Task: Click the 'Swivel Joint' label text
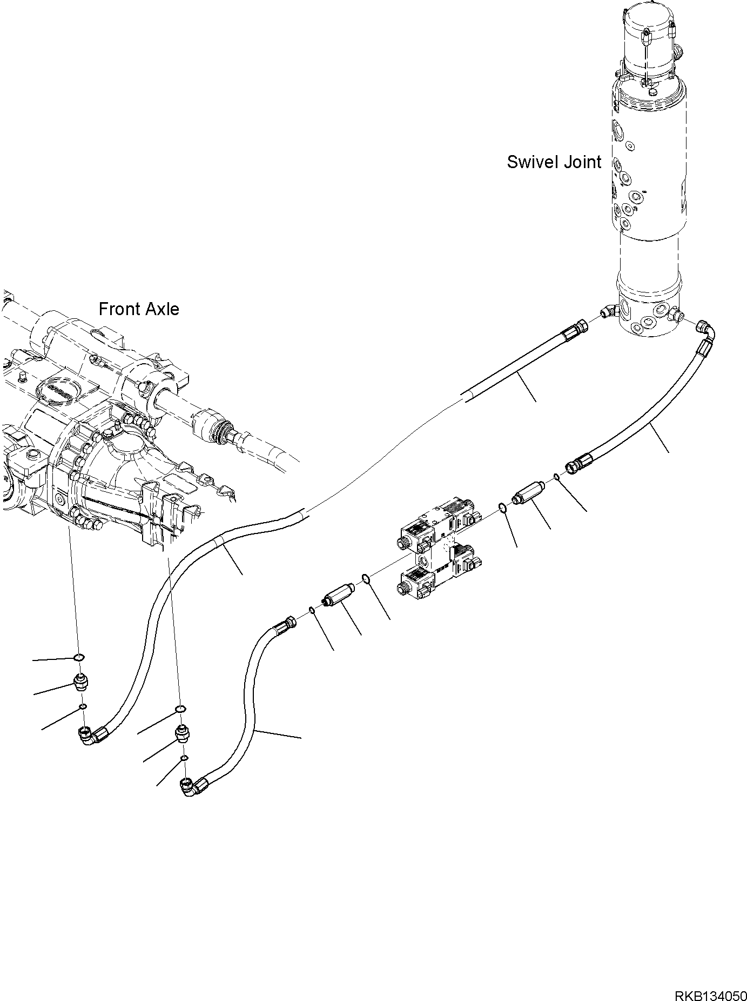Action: point(554,162)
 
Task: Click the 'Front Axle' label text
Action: point(139,309)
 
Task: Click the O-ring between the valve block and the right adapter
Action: point(502,508)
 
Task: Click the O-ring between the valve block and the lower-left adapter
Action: point(366,579)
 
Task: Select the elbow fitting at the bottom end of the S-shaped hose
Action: point(189,786)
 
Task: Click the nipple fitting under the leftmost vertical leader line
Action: point(80,684)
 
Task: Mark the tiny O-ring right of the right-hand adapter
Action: point(556,476)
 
